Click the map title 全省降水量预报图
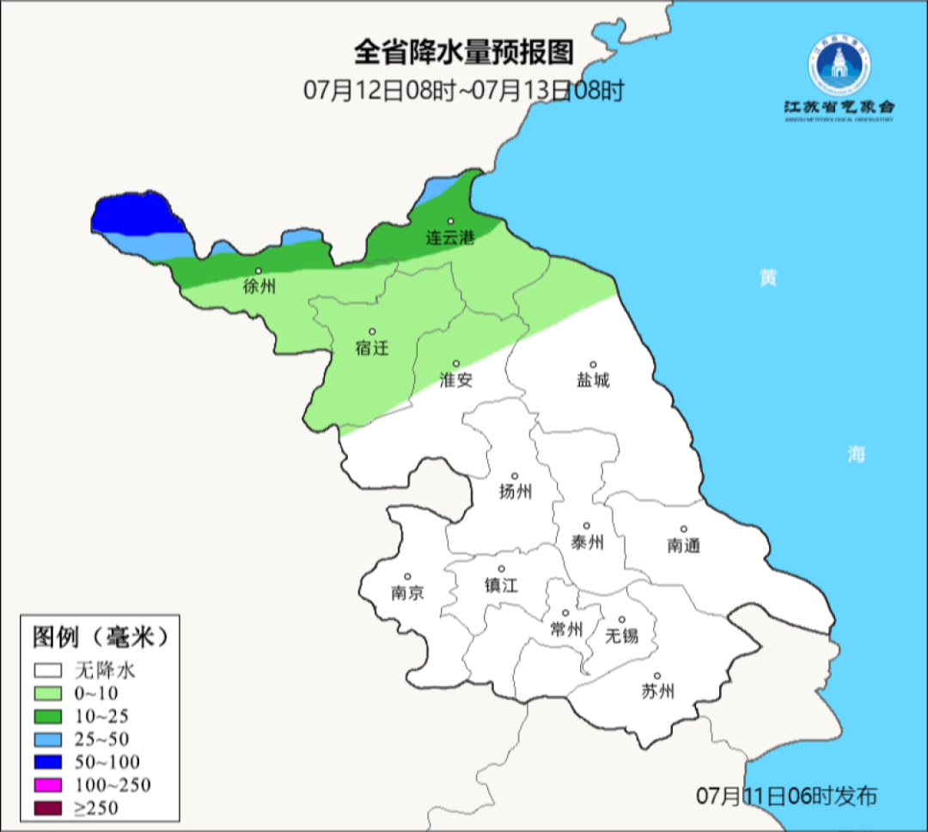pos(464,53)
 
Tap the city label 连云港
pos(450,239)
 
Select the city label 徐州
pos(259,287)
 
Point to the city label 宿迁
pos(372,348)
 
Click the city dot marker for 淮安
pos(456,363)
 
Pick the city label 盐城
pos(593,380)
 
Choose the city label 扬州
pos(516,492)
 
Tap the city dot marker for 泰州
pos(587,525)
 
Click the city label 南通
pos(684,545)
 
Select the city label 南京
pos(407,592)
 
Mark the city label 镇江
pos(502,585)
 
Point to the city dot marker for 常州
pos(565,613)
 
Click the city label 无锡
pos(622,635)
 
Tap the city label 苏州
pos(658,691)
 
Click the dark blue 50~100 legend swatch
pos(48,762)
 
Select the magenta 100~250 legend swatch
pos(48,785)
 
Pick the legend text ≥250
pos(96,808)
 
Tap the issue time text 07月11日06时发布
pos(786,796)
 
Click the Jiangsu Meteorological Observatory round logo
pos(839,66)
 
